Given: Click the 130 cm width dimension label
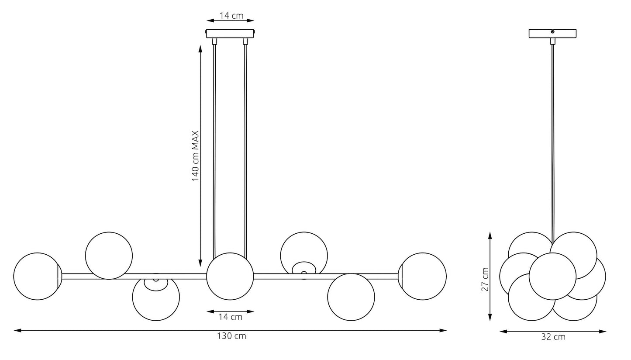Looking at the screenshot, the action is [x=231, y=336].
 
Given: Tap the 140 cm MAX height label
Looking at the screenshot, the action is [x=195, y=156].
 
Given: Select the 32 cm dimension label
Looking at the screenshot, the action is [x=553, y=337].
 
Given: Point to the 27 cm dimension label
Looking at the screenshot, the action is [x=485, y=279].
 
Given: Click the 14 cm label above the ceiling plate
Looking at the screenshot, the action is [x=231, y=15].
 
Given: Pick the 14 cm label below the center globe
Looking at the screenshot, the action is [x=231, y=317].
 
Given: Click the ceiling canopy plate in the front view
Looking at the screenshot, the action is [x=231, y=33].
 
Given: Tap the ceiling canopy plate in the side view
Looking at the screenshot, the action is [x=552, y=33].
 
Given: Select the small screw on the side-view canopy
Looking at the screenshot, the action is [x=553, y=31].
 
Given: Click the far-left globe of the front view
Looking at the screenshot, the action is [x=37, y=276].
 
